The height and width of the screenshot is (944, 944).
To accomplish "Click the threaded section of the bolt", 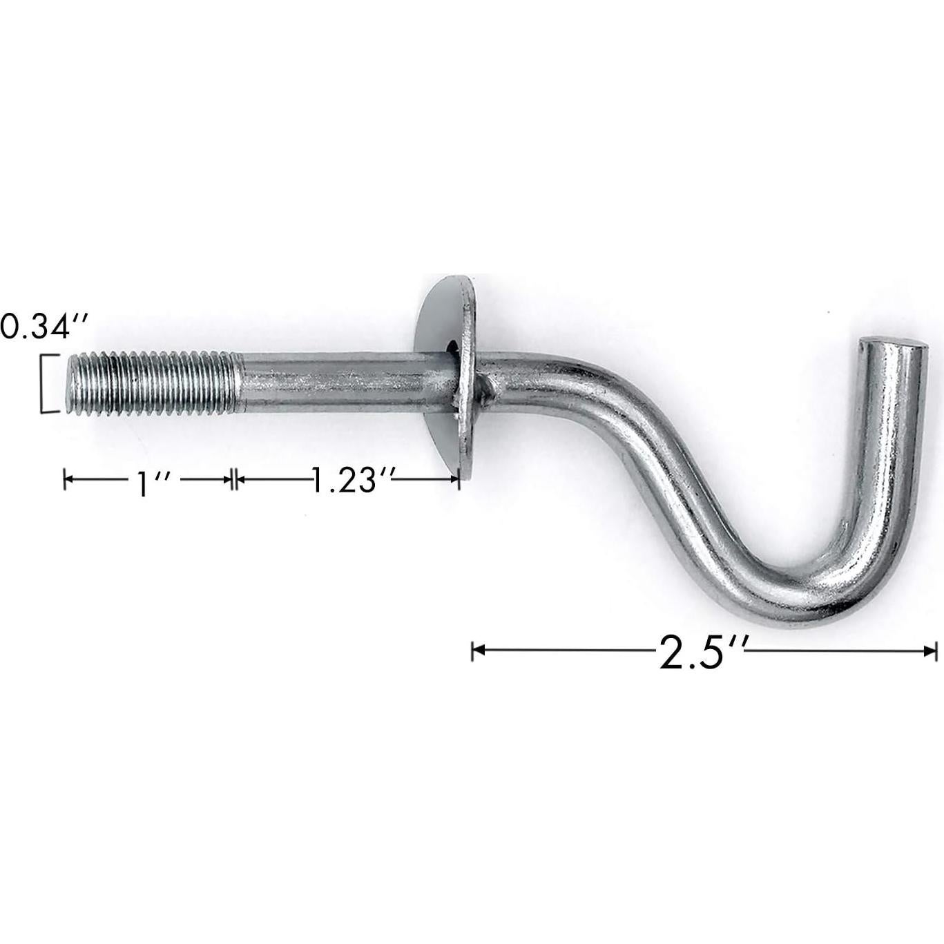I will (x=152, y=383).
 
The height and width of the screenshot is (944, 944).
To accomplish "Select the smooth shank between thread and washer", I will (x=338, y=382).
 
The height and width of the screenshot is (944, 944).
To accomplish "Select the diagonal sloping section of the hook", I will (x=663, y=470).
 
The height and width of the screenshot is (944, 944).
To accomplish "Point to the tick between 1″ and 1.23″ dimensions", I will (x=234, y=479).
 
